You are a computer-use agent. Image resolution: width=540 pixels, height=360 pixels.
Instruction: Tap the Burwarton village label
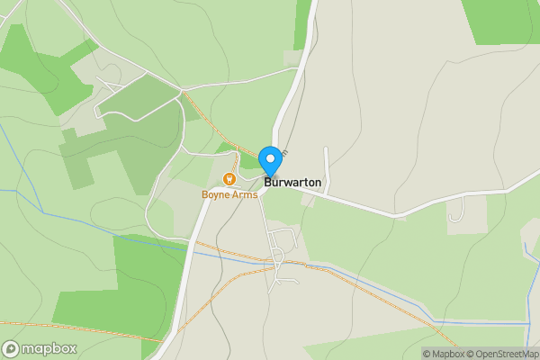(292, 182)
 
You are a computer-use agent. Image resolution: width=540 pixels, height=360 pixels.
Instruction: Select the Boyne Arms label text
(229, 194)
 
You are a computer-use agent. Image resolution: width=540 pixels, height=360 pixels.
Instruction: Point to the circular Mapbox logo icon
(12, 349)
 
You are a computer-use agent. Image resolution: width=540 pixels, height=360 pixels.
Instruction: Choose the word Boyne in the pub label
(216, 194)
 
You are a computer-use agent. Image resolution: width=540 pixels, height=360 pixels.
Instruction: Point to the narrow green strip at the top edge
(301, 22)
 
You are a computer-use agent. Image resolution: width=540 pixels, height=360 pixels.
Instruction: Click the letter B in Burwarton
(268, 182)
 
